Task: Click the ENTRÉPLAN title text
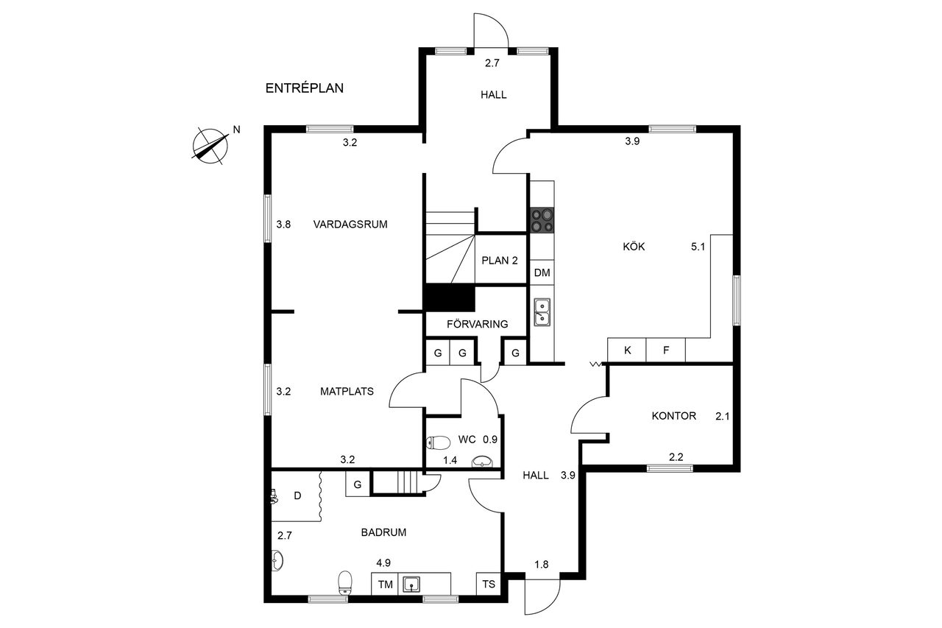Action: (x=305, y=88)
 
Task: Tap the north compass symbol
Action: (x=210, y=147)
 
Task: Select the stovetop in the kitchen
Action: (x=542, y=220)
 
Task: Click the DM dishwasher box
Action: (x=542, y=272)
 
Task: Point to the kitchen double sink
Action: (x=542, y=313)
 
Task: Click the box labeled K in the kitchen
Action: (x=627, y=350)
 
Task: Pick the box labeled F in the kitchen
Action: (x=666, y=350)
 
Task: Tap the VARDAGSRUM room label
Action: (x=350, y=225)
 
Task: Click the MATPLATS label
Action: (x=347, y=391)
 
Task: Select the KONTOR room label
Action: (x=673, y=416)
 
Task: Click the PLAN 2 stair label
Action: (x=500, y=261)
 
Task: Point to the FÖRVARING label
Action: (x=478, y=324)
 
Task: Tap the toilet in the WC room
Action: (x=438, y=442)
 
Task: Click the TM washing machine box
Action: (x=385, y=584)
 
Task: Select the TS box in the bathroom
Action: (x=489, y=584)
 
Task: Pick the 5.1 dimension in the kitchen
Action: (x=698, y=247)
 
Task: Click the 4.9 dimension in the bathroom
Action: (x=383, y=562)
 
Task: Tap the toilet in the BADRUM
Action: (x=345, y=582)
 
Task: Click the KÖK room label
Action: (x=634, y=247)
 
